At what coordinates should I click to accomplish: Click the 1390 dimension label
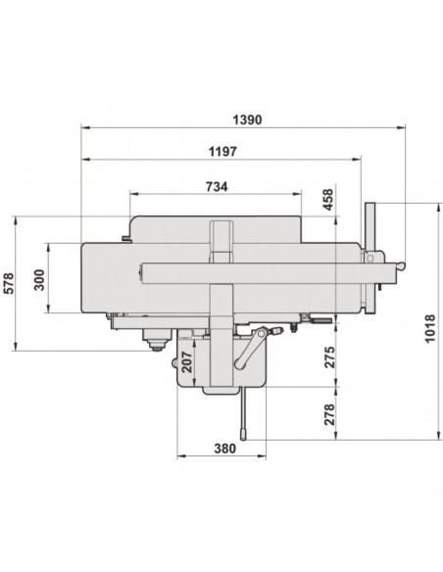(x=247, y=119)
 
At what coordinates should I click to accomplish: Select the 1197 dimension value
(x=222, y=152)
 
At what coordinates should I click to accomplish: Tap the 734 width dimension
(x=217, y=187)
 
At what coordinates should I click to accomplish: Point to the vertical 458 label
(x=328, y=200)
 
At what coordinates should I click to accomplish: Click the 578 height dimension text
(x=8, y=283)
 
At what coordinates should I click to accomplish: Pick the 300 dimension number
(x=39, y=280)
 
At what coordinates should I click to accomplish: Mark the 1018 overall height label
(x=430, y=328)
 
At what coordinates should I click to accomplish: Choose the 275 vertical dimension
(x=328, y=357)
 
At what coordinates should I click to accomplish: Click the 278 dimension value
(x=328, y=414)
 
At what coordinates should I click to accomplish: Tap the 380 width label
(x=224, y=449)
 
